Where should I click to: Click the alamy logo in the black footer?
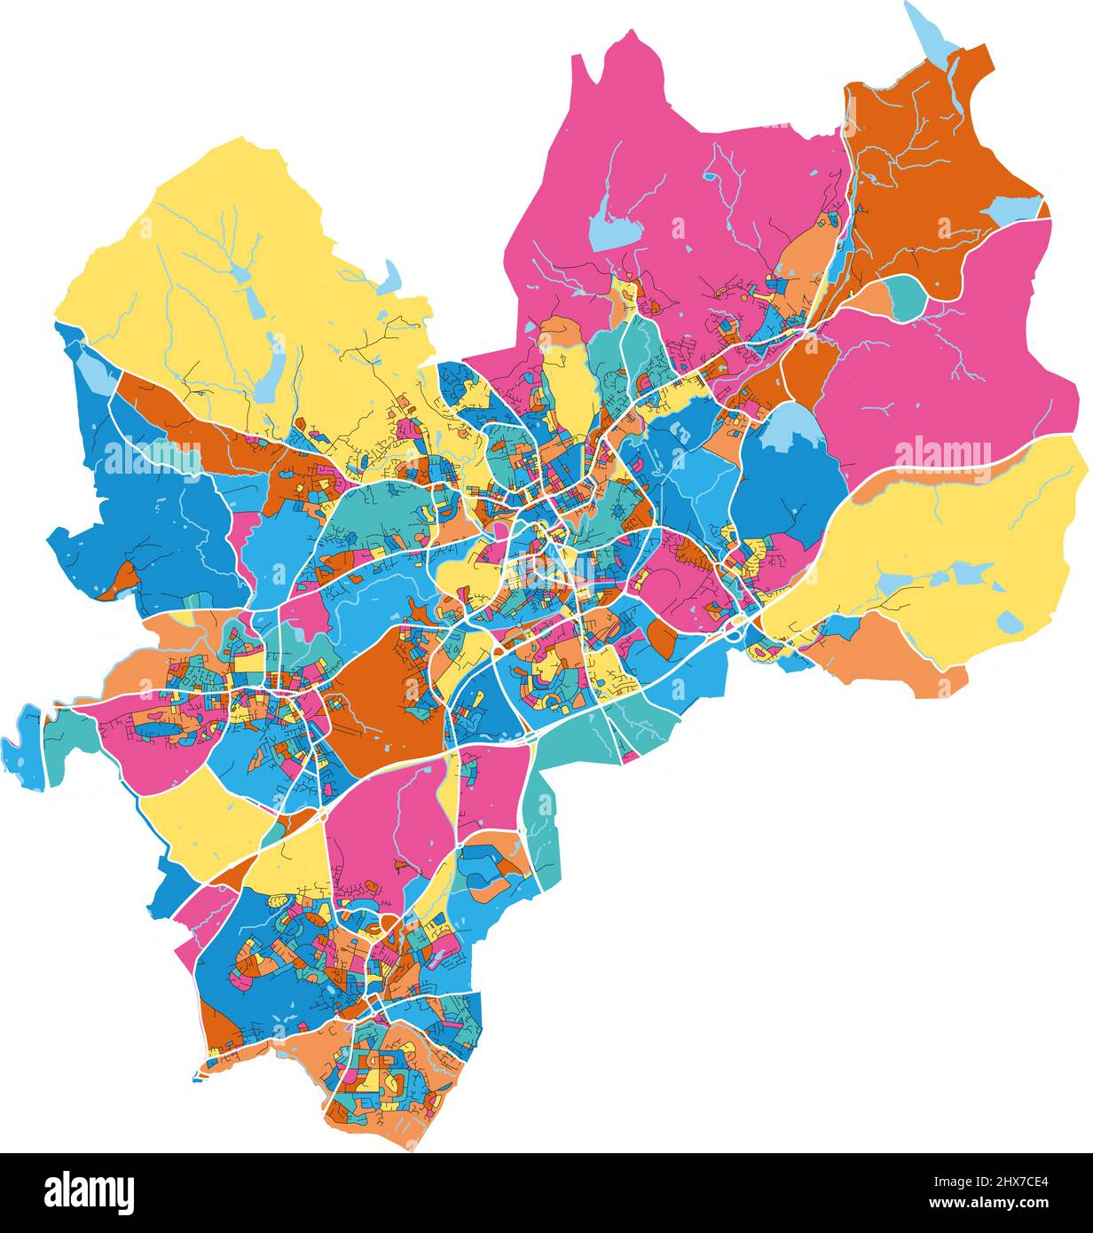pyautogui.click(x=89, y=1192)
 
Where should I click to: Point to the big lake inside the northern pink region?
pyautogui.click(x=613, y=225)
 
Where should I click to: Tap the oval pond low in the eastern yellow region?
pyautogui.click(x=1009, y=621)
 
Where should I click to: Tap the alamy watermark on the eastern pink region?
pyautogui.click(x=942, y=454)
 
